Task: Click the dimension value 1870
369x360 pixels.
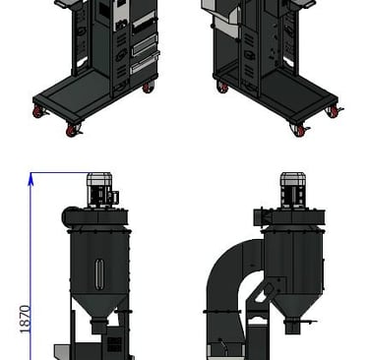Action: click(26, 319)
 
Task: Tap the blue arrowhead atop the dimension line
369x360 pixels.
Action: click(31, 179)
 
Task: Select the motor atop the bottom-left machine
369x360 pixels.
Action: click(101, 190)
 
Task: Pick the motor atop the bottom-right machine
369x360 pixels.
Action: click(293, 190)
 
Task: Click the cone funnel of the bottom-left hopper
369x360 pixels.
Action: click(99, 306)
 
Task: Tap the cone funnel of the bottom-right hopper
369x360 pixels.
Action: click(294, 306)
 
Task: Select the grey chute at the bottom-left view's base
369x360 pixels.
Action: click(63, 351)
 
